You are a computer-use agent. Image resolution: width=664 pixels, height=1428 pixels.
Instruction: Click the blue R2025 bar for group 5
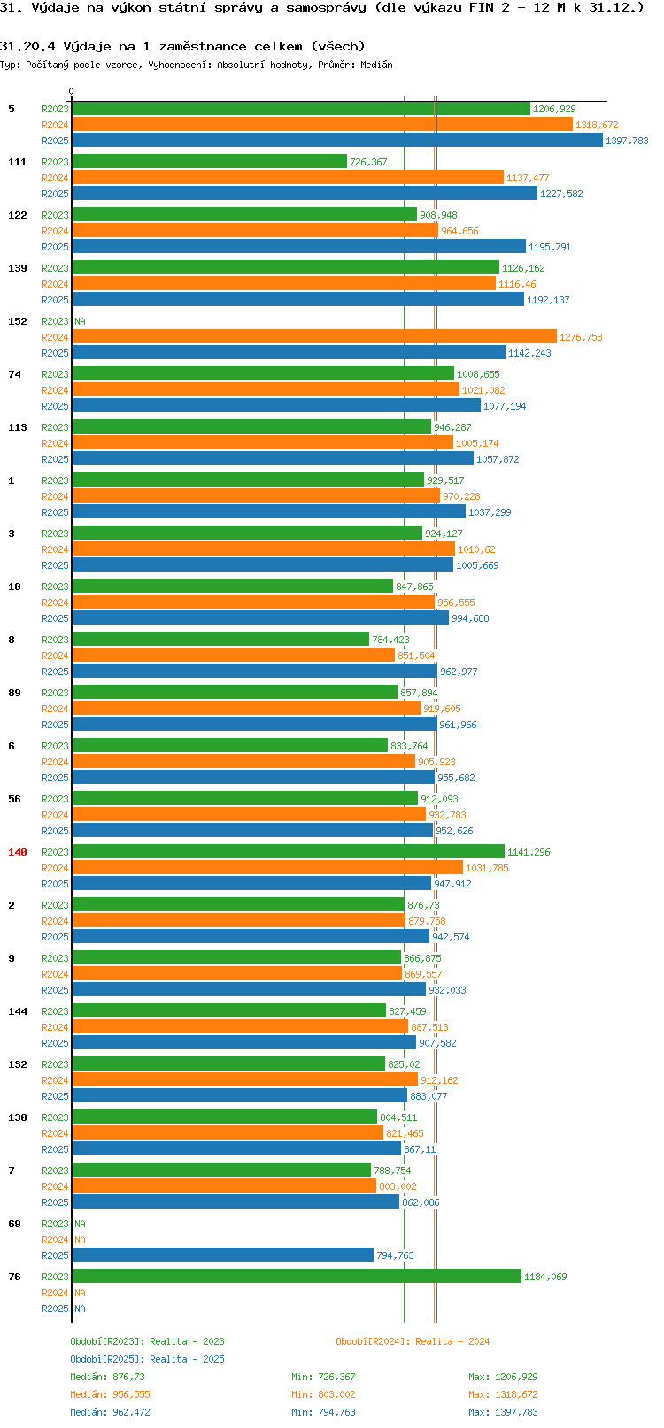(336, 141)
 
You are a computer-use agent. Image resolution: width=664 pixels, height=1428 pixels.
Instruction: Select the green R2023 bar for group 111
(209, 161)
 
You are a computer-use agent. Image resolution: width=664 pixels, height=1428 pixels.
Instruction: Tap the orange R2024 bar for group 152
(313, 336)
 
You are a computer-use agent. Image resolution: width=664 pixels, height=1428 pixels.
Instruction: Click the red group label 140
(17, 852)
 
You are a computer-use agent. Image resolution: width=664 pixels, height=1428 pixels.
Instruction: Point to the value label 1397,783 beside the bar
(627, 141)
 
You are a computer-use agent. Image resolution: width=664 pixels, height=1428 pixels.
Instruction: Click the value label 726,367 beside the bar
(368, 162)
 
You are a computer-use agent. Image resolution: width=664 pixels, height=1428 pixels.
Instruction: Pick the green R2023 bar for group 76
(296, 1276)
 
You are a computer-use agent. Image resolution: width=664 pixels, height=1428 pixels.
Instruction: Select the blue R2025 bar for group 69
(222, 1255)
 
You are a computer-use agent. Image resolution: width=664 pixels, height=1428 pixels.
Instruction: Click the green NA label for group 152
(80, 321)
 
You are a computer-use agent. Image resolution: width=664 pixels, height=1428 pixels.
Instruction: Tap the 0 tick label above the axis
(71, 91)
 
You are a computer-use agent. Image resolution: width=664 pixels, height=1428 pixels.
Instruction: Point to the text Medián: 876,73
(108, 1377)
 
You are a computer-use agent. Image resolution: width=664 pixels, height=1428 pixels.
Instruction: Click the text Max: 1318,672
(503, 1395)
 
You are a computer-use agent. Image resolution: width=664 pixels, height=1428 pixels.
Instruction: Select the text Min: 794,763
(323, 1412)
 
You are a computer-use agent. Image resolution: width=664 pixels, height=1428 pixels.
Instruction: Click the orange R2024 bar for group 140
(267, 867)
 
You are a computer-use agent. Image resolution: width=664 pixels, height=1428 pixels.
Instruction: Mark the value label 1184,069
(545, 1277)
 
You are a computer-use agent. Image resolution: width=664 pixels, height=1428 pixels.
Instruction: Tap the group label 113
(17, 427)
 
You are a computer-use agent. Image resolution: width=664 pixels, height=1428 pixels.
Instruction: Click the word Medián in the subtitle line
(376, 65)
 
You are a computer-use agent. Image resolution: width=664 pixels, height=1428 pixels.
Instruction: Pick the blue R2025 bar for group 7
(235, 1202)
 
